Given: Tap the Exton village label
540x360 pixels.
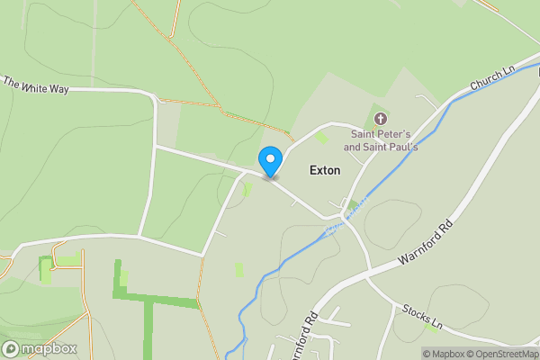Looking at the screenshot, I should (x=325, y=170).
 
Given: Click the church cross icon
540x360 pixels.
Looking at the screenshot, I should (x=380, y=119).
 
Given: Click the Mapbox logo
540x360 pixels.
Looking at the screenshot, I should (x=40, y=348).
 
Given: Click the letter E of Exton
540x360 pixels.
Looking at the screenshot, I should (x=313, y=170).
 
